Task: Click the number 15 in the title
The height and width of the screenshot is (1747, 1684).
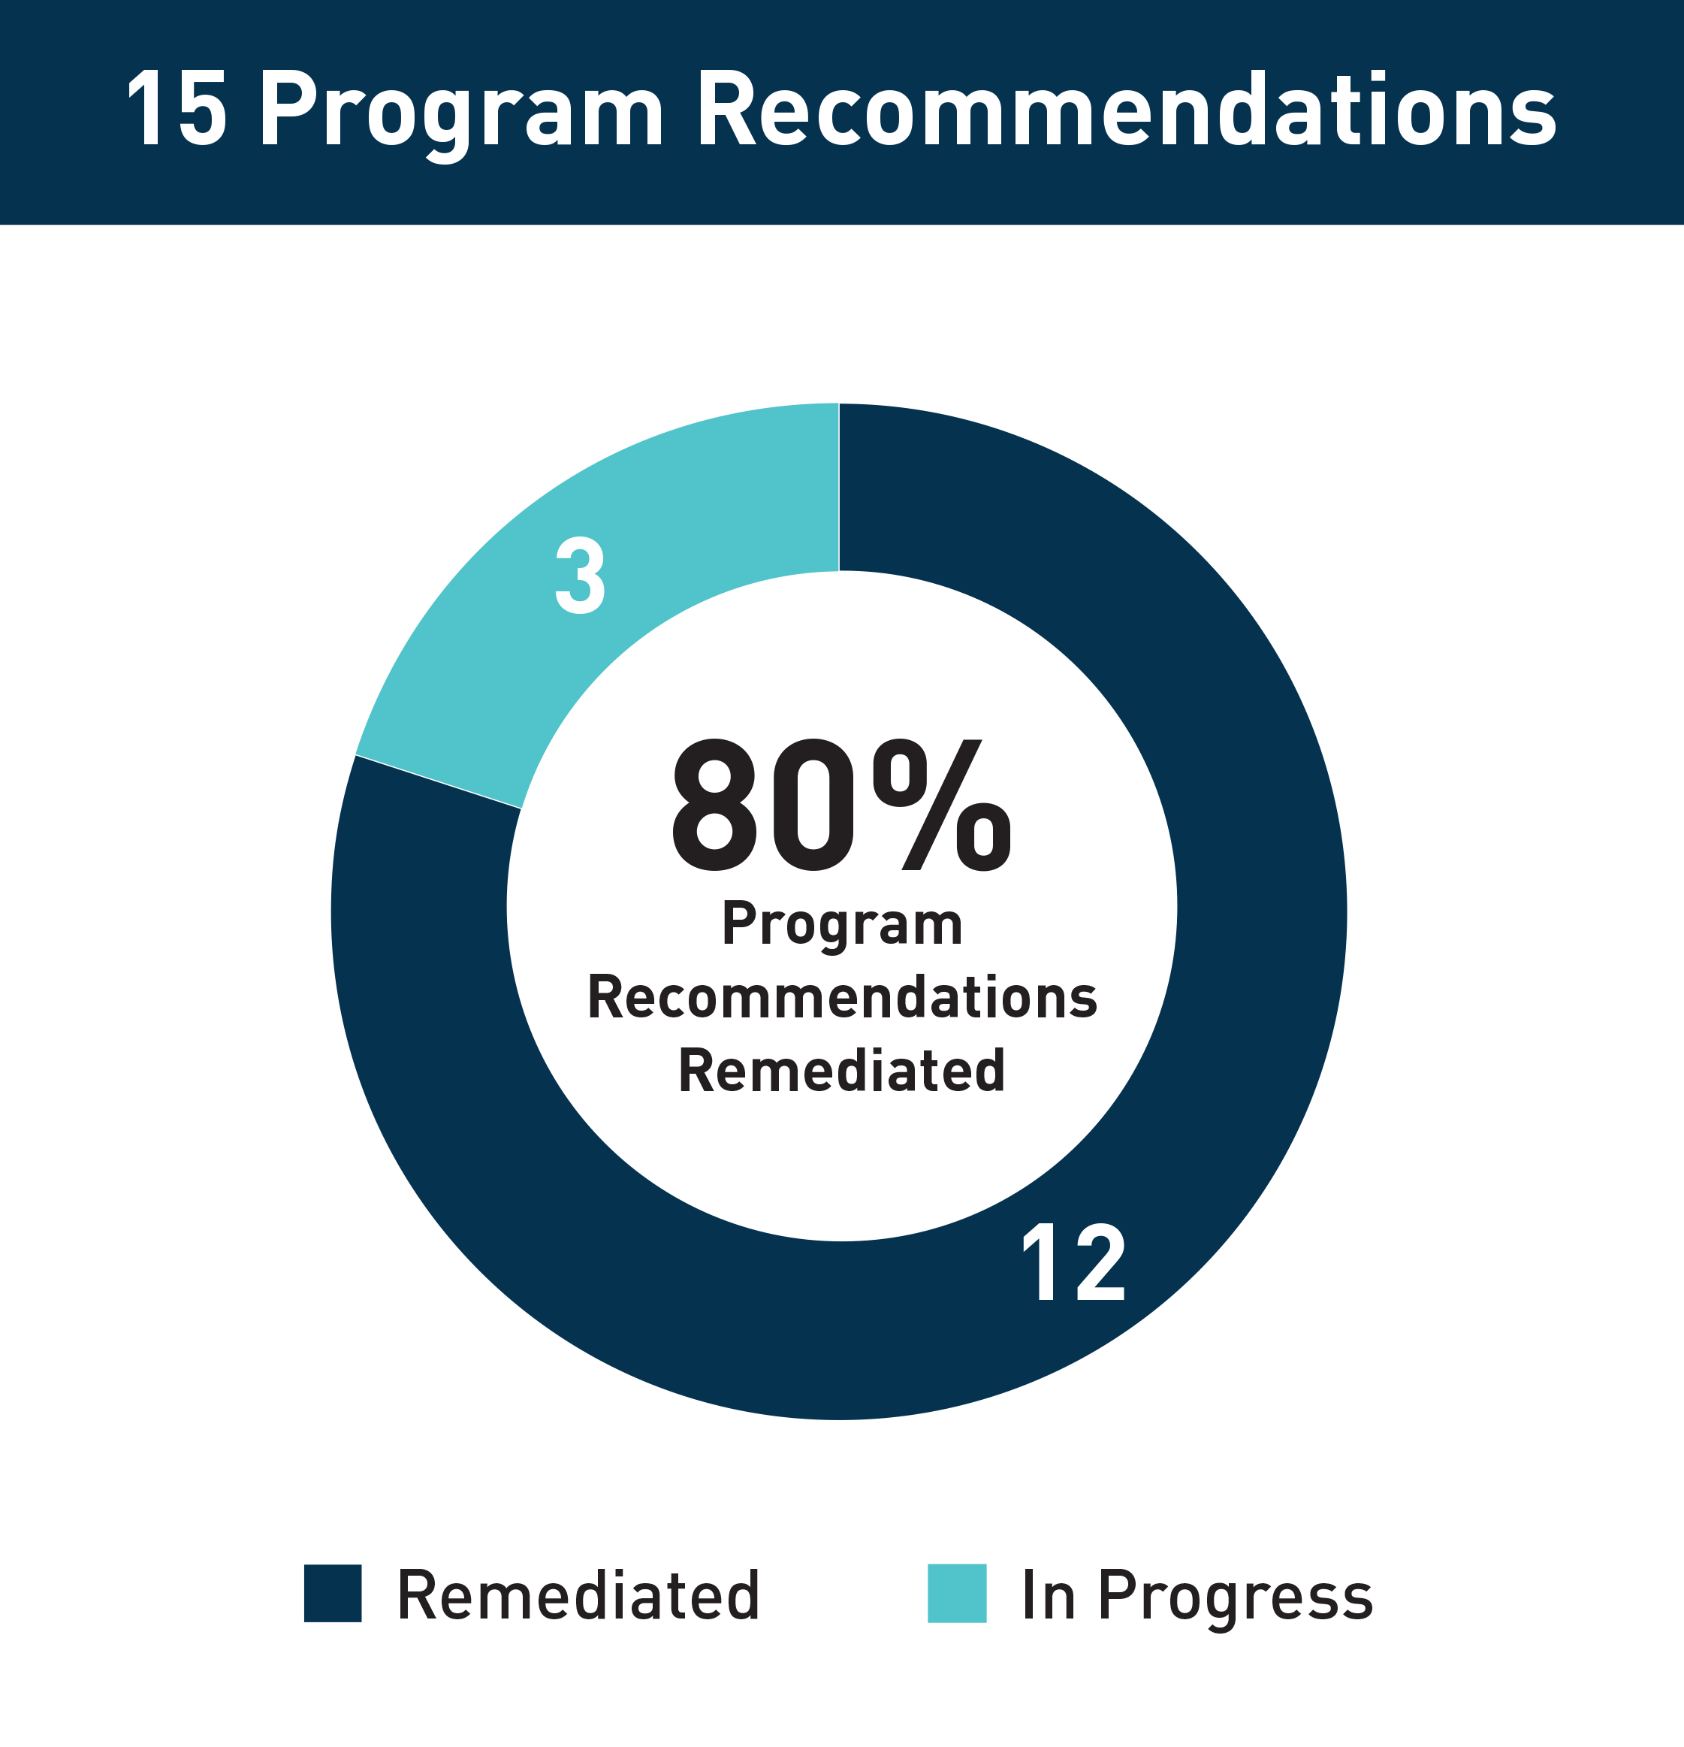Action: (x=177, y=109)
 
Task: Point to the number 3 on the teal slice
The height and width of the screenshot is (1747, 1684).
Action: (x=580, y=576)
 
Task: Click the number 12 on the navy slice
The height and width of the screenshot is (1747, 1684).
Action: (x=1073, y=1263)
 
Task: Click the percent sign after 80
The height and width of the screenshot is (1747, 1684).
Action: (x=942, y=805)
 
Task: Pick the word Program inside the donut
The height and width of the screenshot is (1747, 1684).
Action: (x=842, y=926)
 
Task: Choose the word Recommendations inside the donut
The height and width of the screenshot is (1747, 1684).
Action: (x=842, y=996)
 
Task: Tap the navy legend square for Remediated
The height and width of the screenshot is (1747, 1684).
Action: (x=332, y=1593)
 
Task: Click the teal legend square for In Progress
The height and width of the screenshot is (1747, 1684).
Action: (x=957, y=1593)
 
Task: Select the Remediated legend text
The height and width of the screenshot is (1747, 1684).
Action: (x=578, y=1594)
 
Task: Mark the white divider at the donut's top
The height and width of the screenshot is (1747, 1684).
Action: (x=838, y=487)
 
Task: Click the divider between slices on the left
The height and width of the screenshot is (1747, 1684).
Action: (x=437, y=781)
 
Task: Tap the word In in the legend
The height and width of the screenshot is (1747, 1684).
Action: (x=1049, y=1594)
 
